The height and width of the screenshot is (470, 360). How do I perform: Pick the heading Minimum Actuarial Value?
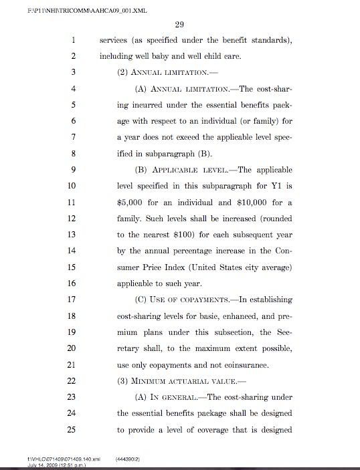coord(177,380)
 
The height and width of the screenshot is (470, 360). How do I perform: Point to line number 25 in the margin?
coord(72,429)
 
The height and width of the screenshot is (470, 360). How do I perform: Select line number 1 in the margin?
coord(72,40)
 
